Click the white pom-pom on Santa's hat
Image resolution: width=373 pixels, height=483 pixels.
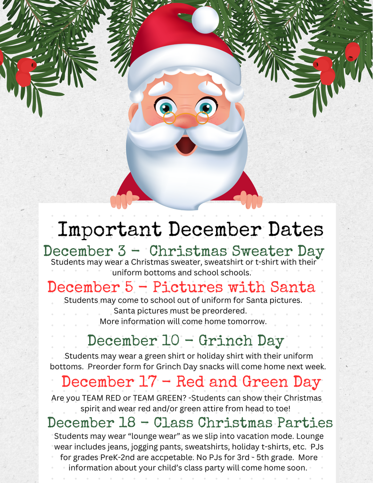(x=205, y=19)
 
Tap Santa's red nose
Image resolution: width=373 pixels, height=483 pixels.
(x=186, y=121)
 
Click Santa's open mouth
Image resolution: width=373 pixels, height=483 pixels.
(x=186, y=145)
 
